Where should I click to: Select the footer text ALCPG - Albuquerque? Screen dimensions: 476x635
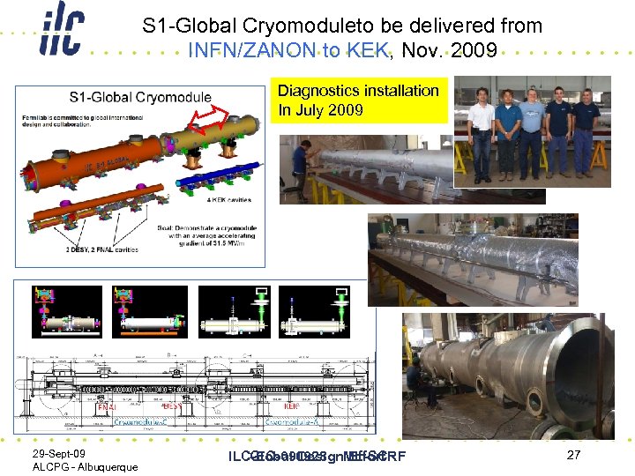pos(85,466)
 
